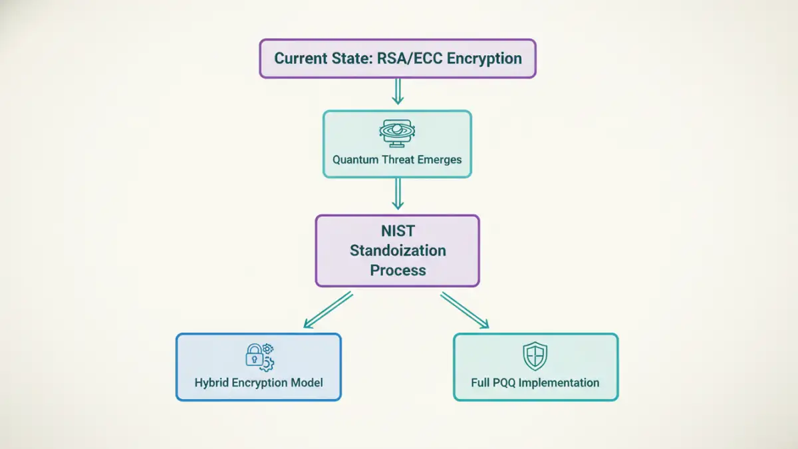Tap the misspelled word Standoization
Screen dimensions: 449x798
398,251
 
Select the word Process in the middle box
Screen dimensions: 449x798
398,270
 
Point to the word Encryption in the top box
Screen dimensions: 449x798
484,58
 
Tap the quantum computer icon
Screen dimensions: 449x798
397,132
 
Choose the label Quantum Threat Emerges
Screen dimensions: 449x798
397,160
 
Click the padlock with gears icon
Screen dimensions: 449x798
259,357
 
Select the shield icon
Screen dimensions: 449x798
535,356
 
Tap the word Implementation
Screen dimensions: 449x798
567,382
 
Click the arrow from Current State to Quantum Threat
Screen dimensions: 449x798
398,92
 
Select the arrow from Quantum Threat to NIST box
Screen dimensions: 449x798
398,194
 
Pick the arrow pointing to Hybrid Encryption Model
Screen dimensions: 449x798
328,310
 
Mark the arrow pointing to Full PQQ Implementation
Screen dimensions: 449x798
465,310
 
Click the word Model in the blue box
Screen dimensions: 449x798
308,382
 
